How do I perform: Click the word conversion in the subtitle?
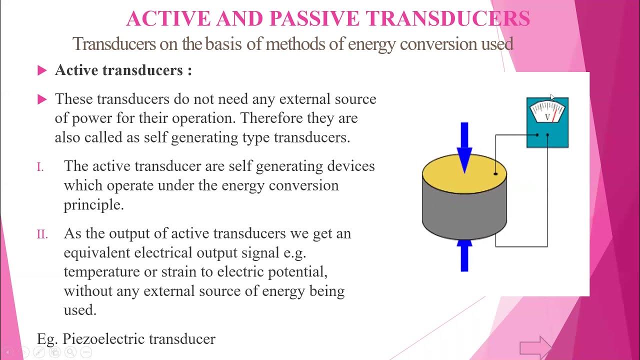point(438,44)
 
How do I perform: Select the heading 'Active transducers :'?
point(123,70)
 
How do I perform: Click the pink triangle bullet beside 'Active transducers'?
point(42,70)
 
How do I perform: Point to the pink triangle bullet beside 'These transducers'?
point(42,99)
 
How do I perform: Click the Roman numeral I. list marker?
point(40,167)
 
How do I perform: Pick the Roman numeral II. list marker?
point(42,234)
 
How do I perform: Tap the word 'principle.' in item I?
point(93,205)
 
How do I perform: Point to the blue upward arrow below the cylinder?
point(464,255)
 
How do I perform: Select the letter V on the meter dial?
point(547,117)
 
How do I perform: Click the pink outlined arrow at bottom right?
point(535,347)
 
